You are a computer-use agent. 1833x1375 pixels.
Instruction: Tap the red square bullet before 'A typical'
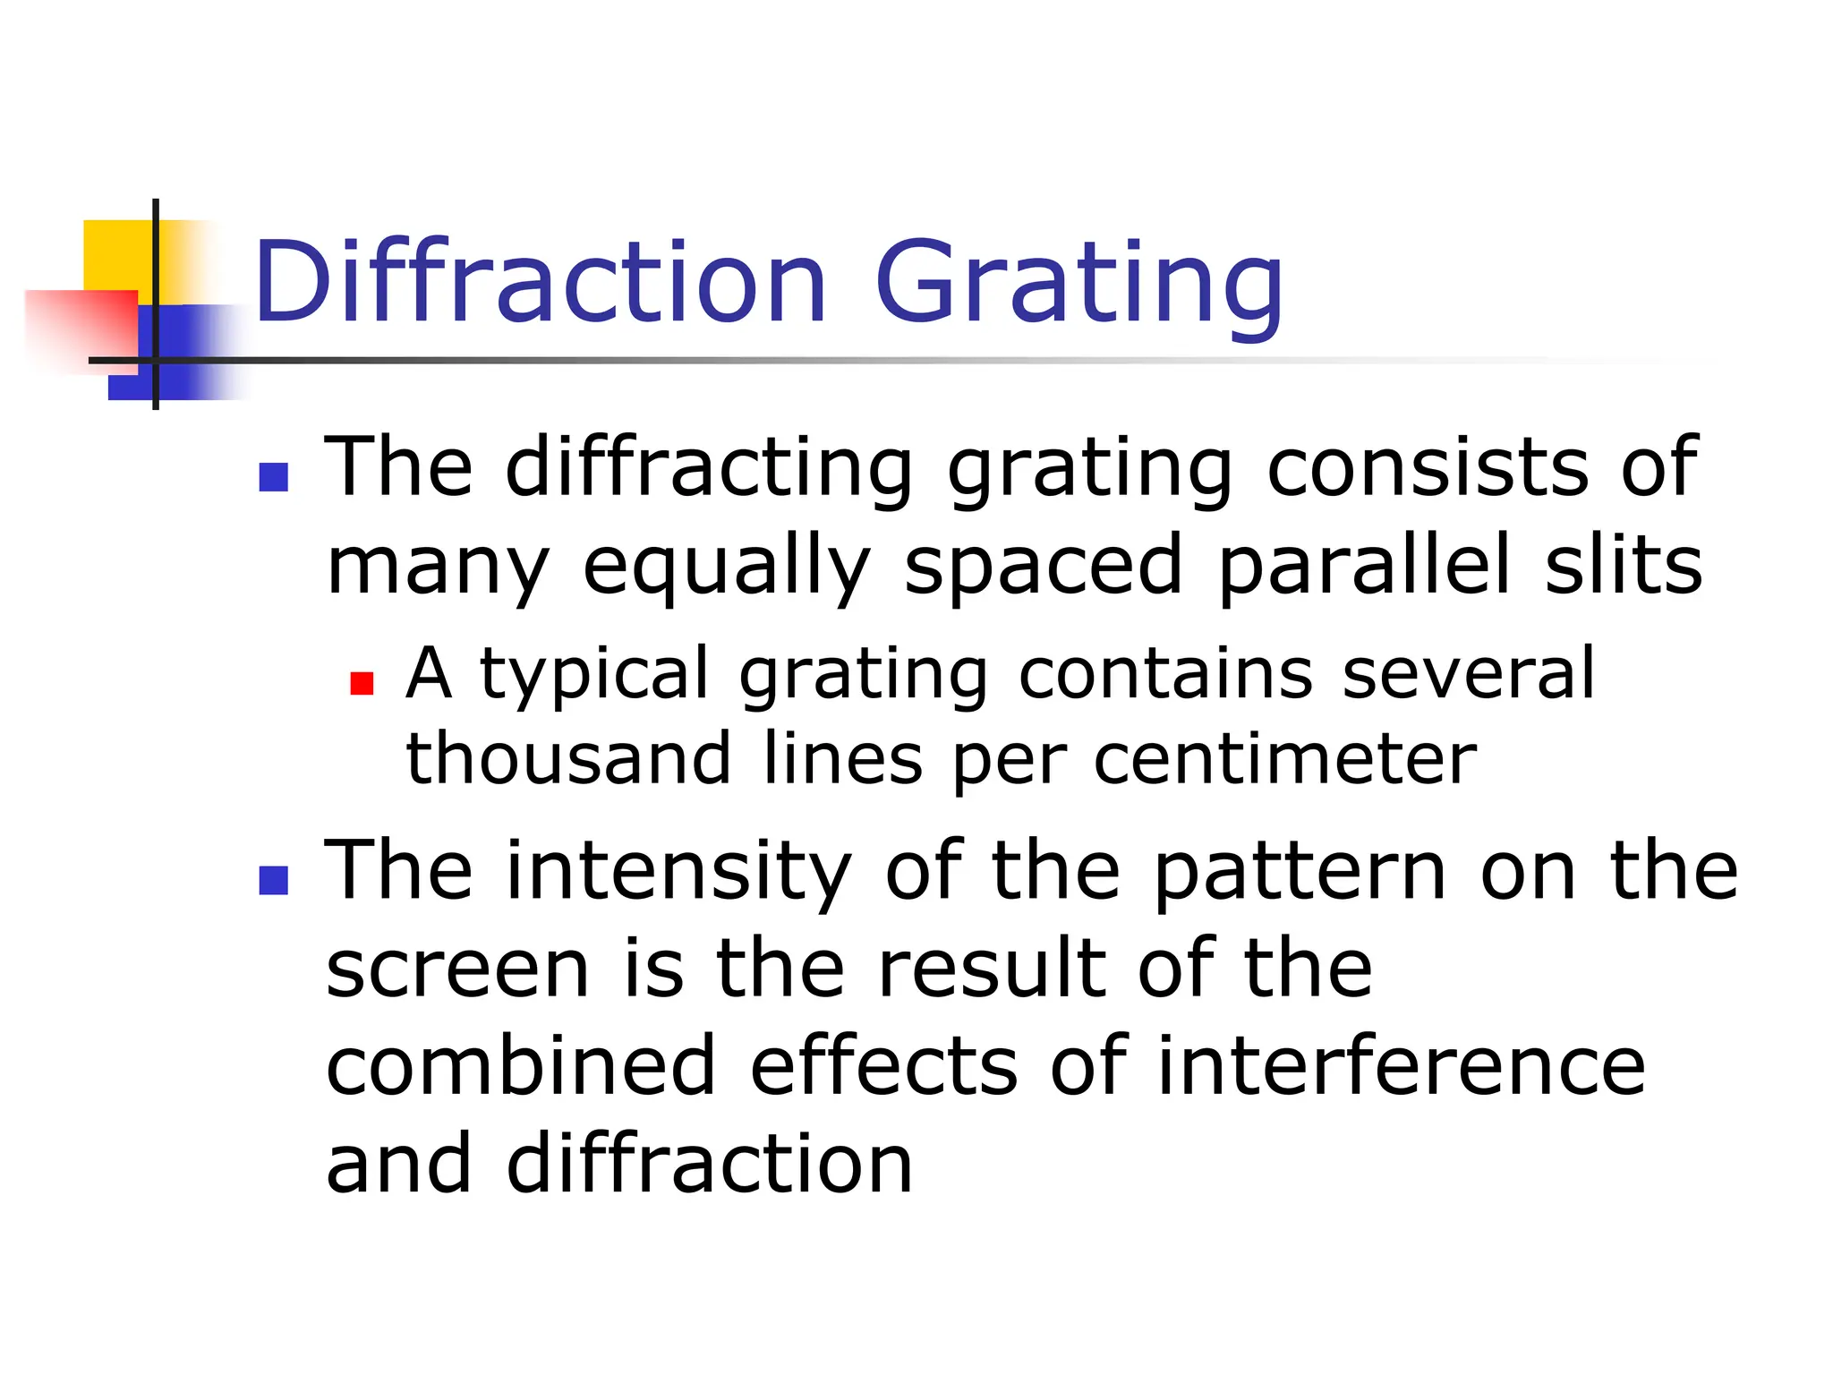tap(362, 684)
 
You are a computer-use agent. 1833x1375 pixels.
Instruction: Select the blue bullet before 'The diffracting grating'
tap(273, 477)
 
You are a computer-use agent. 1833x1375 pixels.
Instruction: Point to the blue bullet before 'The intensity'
tap(273, 880)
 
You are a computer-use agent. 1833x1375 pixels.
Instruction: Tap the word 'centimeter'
tap(1285, 760)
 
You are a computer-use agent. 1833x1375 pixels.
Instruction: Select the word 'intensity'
tap(678, 873)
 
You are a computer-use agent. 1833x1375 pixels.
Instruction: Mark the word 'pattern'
tap(1300, 873)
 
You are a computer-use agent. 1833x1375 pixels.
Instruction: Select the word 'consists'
tap(1428, 467)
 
